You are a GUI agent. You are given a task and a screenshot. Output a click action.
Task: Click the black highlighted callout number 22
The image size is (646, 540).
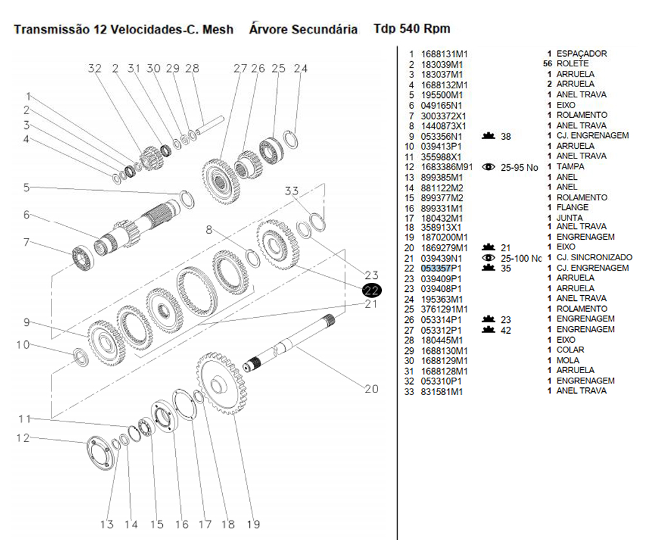(x=372, y=291)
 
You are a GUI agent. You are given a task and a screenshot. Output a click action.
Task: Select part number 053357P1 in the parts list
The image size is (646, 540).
(x=441, y=268)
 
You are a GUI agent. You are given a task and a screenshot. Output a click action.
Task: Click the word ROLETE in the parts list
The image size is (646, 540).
(x=572, y=64)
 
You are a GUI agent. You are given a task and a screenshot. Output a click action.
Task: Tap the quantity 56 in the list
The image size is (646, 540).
(x=547, y=64)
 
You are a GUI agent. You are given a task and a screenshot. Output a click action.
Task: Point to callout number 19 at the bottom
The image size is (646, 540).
(x=253, y=524)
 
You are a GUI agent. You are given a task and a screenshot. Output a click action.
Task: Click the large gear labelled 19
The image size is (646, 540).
(x=222, y=383)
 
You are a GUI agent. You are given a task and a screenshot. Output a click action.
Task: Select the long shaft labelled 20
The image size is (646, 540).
(x=289, y=343)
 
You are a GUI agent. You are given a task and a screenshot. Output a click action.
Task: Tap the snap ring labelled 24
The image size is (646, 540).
(x=291, y=139)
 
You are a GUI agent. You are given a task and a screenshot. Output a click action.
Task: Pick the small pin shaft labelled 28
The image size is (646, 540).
(x=210, y=125)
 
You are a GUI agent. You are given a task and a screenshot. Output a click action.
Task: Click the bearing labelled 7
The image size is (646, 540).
(x=83, y=257)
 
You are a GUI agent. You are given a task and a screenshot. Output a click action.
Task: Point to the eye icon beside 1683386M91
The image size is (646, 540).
(x=488, y=167)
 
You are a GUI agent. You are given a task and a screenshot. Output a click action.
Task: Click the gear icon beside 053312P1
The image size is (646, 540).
(x=488, y=329)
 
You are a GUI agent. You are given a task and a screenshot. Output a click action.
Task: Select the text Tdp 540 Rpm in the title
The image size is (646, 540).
(x=412, y=29)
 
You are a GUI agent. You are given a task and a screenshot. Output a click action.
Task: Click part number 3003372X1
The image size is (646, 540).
(x=443, y=116)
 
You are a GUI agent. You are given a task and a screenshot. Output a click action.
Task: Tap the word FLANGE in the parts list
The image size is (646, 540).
(x=572, y=207)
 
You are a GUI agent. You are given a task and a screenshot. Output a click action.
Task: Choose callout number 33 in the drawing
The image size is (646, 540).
(x=292, y=191)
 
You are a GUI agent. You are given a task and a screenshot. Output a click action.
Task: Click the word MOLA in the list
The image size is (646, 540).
(x=567, y=360)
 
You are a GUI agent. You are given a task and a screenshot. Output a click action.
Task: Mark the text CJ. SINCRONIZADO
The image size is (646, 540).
(x=594, y=257)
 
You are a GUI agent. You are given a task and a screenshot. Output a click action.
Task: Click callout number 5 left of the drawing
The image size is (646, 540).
(x=26, y=188)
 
